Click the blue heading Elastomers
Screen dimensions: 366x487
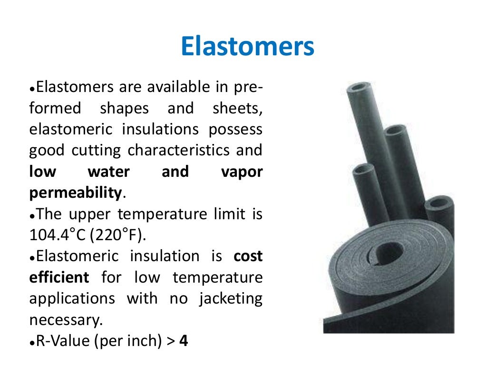pos(248,48)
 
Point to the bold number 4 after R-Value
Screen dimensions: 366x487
pos(184,341)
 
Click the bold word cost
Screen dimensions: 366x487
pos(248,256)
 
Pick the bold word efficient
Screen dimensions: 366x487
pos(59,277)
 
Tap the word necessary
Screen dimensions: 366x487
pos(65,320)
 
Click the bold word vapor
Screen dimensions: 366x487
pos(242,172)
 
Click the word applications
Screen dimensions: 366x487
pos(72,299)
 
